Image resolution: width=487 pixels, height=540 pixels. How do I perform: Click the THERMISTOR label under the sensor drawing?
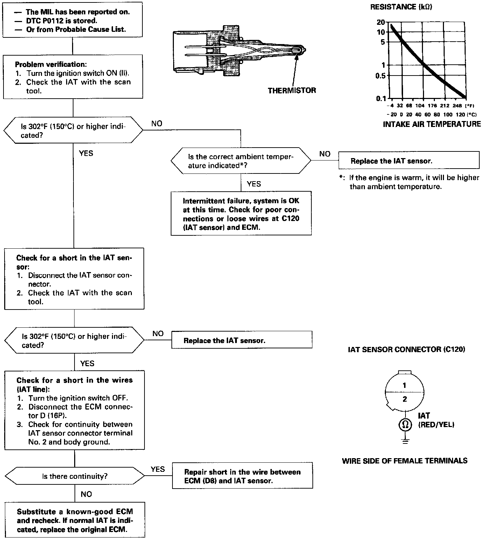[292, 91]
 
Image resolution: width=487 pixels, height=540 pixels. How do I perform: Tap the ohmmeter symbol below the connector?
[405, 425]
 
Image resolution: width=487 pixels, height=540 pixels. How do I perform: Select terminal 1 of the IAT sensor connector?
[404, 385]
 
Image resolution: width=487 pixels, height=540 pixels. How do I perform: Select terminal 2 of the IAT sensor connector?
[405, 399]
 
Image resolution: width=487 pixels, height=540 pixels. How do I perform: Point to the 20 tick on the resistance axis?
[381, 22]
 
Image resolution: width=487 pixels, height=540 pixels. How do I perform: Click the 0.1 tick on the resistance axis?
[381, 98]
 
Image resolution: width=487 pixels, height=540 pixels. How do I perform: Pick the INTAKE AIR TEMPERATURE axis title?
[432, 124]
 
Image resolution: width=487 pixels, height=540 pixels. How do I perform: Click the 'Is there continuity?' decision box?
[75, 476]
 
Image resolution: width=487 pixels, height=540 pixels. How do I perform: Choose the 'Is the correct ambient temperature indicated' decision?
[241, 161]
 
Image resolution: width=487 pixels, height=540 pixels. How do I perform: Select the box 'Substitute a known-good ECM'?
[75, 520]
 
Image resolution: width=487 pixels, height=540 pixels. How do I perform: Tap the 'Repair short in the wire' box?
[242, 476]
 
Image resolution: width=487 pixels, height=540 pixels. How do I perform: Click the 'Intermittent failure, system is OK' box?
[241, 214]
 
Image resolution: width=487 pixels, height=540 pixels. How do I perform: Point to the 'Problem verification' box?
[73, 77]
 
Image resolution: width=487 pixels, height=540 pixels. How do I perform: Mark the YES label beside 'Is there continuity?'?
[158, 469]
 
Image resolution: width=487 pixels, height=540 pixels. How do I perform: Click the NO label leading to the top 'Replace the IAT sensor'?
[325, 154]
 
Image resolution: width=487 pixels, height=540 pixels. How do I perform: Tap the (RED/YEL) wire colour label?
[436, 425]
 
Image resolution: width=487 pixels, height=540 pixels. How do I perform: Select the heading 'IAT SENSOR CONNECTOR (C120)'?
[407, 349]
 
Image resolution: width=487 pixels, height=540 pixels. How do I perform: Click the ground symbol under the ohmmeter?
[405, 440]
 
